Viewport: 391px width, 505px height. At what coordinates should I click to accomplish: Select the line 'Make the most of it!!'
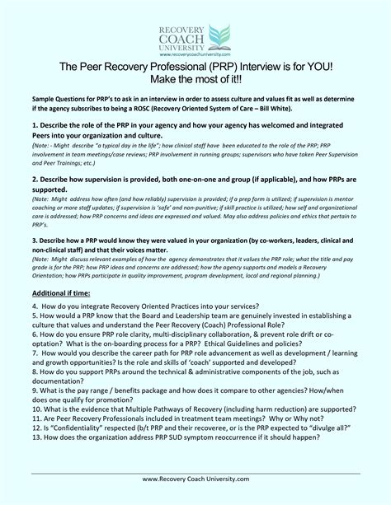point(195,80)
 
